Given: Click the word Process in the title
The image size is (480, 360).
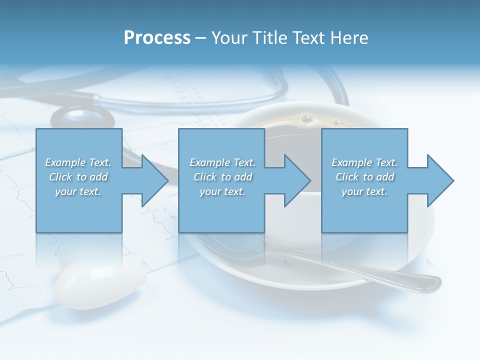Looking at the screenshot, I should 157,37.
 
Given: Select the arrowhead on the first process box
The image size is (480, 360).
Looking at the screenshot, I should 155,180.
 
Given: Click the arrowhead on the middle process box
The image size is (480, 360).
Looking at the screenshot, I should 297,180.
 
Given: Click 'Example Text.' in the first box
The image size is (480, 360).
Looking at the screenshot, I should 78,162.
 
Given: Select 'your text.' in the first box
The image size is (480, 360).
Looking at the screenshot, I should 78,191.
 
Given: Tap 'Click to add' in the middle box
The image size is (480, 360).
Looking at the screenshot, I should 222,177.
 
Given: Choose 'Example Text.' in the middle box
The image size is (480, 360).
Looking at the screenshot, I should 222,162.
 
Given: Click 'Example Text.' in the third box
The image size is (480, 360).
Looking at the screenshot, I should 364,162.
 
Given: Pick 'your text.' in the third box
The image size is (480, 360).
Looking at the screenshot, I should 364,191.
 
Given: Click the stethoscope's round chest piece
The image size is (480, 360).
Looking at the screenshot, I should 82,118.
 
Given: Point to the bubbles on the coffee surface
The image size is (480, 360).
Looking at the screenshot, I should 306,119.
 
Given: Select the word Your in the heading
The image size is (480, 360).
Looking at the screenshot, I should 229,37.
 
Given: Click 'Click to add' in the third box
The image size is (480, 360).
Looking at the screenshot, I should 364,177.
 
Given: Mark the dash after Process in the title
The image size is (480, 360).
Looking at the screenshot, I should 200,38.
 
